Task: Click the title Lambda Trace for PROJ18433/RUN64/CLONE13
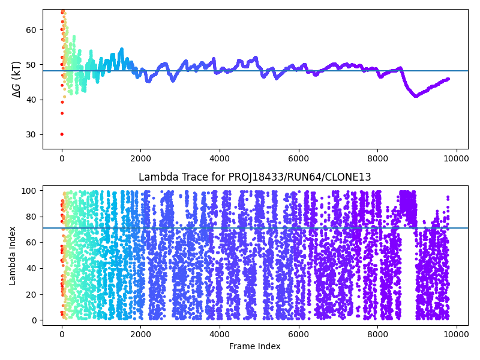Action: point(255,177)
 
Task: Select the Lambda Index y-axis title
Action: point(13,256)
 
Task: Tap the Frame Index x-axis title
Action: point(255,346)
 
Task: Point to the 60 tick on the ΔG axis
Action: point(32,30)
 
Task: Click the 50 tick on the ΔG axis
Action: point(32,65)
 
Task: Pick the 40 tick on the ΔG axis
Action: point(32,100)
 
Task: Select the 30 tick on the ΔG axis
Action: point(32,134)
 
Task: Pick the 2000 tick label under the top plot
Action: point(140,158)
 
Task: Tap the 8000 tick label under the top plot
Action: point(377,158)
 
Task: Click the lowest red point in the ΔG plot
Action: point(62,134)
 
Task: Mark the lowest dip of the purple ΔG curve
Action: point(416,96)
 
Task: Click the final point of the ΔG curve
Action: point(448,79)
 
